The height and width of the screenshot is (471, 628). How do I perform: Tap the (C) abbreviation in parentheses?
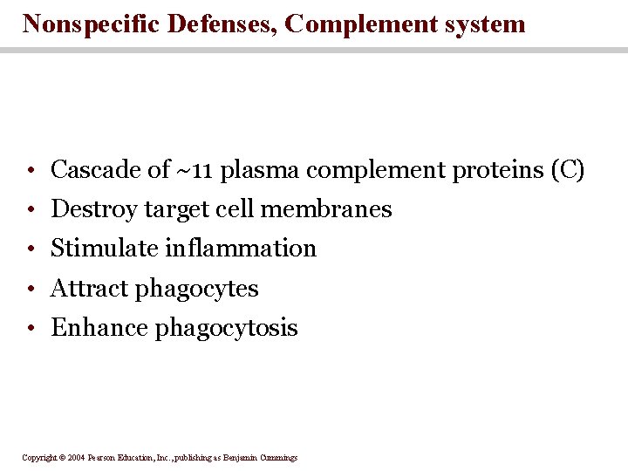click(568, 169)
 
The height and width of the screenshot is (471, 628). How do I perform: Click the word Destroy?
click(93, 209)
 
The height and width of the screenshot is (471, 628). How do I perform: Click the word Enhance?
click(99, 328)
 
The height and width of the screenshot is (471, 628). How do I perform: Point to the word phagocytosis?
click(227, 328)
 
